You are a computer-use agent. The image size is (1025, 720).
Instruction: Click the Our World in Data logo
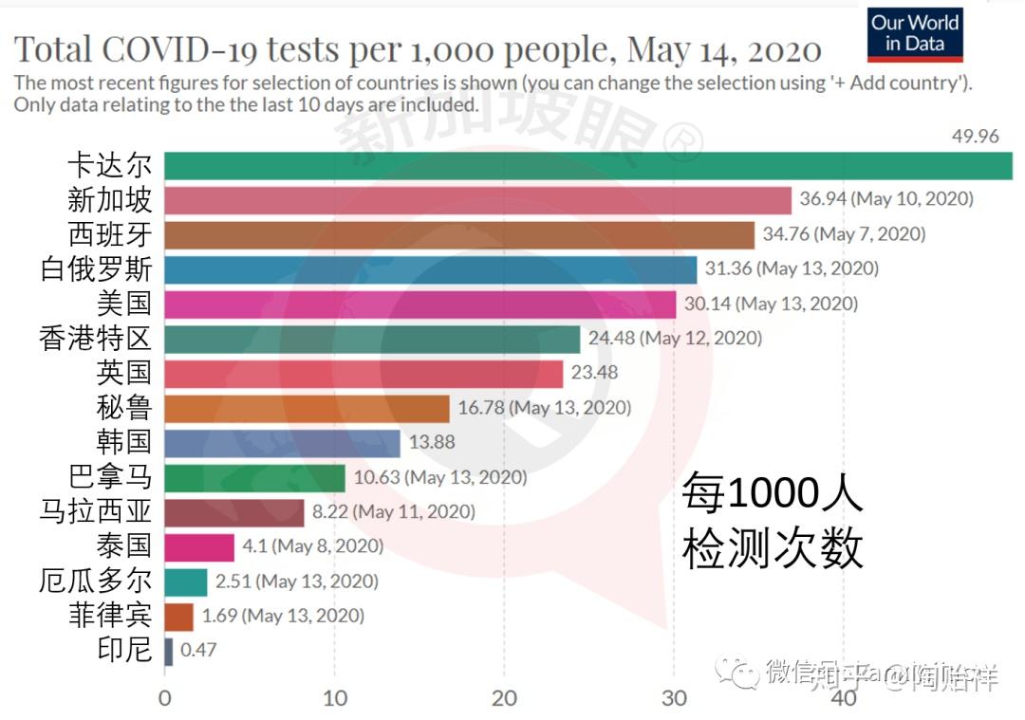tap(915, 35)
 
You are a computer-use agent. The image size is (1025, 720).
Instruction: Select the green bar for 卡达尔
tap(588, 165)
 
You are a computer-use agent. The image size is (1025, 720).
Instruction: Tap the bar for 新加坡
tap(477, 200)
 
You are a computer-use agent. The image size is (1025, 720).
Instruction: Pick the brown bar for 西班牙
tap(459, 234)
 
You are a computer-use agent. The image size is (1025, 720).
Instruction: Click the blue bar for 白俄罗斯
tap(430, 269)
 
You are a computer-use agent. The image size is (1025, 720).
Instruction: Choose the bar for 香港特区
tap(372, 339)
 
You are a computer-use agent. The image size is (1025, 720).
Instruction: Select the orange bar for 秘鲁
tap(307, 408)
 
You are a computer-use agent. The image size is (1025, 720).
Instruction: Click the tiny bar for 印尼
tap(169, 651)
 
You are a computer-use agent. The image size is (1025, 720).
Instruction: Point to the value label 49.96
tap(975, 137)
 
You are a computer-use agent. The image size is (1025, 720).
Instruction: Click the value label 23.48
tap(594, 373)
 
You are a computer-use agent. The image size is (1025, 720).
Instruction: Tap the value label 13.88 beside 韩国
tap(432, 442)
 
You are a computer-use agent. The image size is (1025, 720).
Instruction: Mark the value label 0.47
tap(199, 651)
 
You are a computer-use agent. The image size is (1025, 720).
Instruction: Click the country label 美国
tap(124, 304)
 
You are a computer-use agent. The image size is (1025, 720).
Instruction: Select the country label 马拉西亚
tap(96, 511)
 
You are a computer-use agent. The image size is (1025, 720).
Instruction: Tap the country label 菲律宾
tap(110, 615)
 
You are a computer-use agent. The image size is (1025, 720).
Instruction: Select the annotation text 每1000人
tap(772, 494)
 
